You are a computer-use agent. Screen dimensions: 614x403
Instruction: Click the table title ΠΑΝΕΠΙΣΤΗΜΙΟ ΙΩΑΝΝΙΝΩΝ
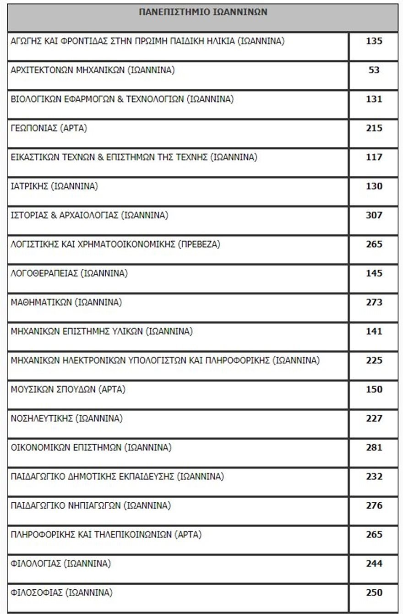[x=203, y=12]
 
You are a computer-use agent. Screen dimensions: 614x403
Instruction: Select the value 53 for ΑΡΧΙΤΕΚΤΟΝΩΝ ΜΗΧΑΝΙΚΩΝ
[x=374, y=70]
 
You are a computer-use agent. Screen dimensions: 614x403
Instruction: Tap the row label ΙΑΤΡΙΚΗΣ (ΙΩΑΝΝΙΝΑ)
[x=54, y=186]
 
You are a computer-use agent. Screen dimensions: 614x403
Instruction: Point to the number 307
[x=374, y=215]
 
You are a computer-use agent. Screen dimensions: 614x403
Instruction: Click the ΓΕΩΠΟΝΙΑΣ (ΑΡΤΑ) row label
[x=49, y=128]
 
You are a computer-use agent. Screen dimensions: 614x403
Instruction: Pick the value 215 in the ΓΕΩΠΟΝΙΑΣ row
[x=374, y=128]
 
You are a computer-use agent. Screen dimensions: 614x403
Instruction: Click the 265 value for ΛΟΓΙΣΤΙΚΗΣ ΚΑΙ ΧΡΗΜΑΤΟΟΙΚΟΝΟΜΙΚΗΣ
[x=374, y=244]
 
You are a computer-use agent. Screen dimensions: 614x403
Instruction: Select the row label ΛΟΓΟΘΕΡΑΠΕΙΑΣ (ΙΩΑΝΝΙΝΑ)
[x=69, y=273]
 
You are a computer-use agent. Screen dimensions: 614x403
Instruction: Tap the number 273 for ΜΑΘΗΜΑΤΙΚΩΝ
[x=374, y=302]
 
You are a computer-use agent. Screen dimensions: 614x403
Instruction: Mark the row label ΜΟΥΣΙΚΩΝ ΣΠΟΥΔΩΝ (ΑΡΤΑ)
[x=68, y=389]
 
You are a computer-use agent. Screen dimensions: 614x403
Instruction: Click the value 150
[x=374, y=389]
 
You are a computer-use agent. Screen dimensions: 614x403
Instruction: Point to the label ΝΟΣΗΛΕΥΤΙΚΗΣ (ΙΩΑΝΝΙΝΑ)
[x=67, y=418]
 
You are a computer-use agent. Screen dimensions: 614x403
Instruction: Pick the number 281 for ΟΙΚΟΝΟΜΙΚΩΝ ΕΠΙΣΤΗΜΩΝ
[x=374, y=447]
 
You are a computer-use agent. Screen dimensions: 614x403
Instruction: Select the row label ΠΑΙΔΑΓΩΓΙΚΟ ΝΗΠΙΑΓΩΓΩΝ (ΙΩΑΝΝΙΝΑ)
[x=91, y=505]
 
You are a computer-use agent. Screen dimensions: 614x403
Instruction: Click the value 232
[x=374, y=476]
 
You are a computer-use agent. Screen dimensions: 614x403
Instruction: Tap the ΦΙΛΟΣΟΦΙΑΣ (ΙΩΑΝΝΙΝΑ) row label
[x=61, y=592]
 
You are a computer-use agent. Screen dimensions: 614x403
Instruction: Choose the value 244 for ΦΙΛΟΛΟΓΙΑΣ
[x=374, y=563]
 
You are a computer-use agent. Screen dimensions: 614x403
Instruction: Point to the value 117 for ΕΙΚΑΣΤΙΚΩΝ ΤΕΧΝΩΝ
[x=374, y=157]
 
